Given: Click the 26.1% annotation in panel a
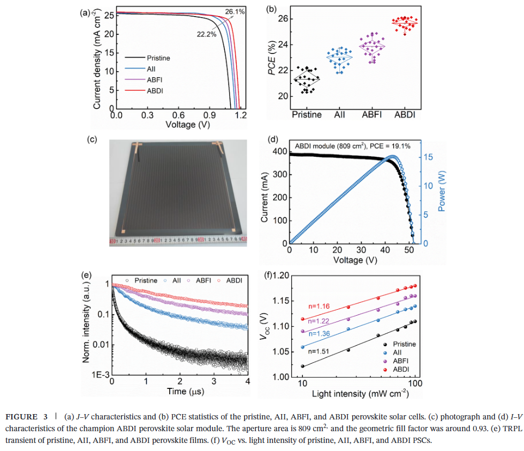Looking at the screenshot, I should tap(235, 11).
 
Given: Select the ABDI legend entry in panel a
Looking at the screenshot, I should tap(155, 91).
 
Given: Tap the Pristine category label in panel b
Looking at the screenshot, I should tap(307, 114).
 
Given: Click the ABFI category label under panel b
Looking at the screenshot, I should tap(373, 114).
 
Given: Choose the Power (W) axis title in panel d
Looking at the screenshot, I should tap(442, 192).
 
